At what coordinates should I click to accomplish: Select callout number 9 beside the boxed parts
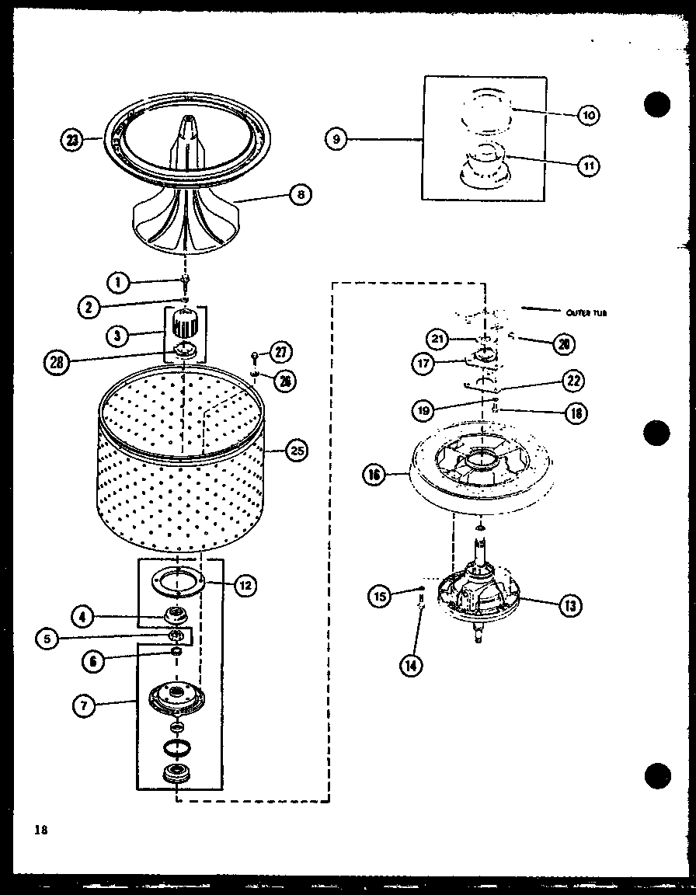pos(336,140)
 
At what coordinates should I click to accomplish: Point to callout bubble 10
pos(589,116)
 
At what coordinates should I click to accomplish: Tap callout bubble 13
pos(571,606)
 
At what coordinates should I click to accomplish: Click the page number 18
pos(40,830)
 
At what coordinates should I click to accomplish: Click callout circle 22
pos(573,380)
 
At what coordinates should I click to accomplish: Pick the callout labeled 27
pos(280,351)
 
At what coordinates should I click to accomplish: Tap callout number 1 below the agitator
pos(119,283)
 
